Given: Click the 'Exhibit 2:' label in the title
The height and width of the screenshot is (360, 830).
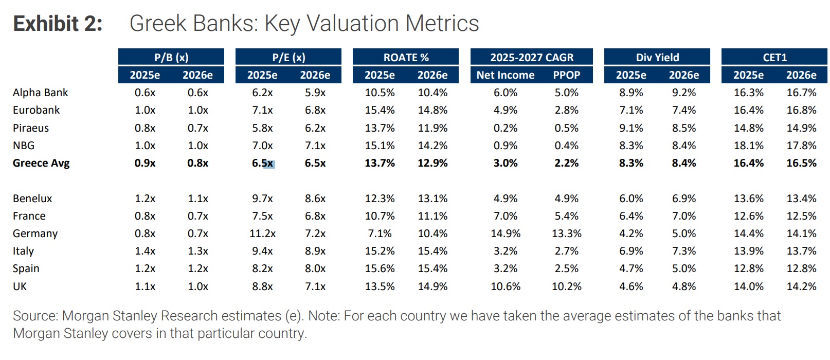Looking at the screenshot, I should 58,24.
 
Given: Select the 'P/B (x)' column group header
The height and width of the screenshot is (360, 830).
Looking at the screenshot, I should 171,57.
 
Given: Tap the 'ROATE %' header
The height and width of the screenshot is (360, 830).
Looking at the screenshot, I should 406,57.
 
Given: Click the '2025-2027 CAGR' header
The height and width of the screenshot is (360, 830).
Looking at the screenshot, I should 531,57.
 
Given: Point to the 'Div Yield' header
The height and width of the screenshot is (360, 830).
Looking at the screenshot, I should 657,57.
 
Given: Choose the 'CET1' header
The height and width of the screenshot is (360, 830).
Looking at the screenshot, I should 774,57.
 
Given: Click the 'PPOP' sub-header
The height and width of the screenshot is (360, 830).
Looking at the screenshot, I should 566,75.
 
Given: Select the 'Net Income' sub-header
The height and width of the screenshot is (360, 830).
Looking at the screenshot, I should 505,75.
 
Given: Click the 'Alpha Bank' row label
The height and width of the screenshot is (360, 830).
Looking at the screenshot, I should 40,93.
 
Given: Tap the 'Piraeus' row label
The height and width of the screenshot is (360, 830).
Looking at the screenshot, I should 31,128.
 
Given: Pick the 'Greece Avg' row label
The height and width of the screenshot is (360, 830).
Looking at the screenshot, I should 41,163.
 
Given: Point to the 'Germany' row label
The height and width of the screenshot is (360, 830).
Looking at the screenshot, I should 35,233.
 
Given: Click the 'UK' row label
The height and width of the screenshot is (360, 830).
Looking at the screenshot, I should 20,286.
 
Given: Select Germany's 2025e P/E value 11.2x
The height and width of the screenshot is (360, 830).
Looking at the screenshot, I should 262,233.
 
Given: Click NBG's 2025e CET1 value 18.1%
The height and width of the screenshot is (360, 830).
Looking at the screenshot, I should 748,146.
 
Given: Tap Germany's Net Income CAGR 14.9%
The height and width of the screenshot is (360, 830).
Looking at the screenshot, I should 505,233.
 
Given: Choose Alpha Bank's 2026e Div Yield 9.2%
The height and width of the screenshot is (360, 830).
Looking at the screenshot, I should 683,93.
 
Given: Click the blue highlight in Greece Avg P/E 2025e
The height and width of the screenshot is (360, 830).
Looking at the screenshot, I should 269,164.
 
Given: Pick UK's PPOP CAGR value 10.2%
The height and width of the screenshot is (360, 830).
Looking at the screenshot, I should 566,286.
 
